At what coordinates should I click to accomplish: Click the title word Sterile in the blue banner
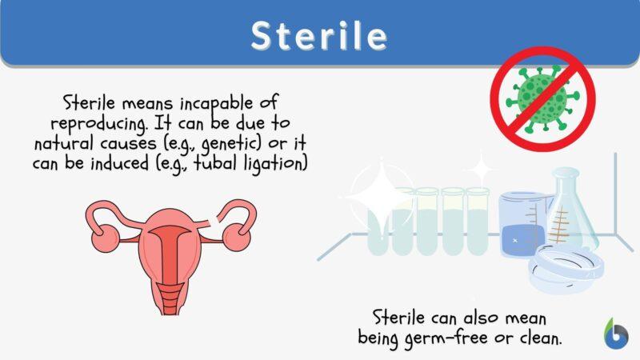(x=318, y=35)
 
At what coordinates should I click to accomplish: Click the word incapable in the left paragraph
(x=216, y=104)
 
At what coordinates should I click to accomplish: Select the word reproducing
(x=98, y=124)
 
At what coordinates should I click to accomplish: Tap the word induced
(x=119, y=164)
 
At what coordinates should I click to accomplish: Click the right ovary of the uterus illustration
(x=237, y=237)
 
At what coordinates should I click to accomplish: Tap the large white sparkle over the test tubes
(x=382, y=197)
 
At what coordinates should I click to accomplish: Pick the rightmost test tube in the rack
(x=478, y=222)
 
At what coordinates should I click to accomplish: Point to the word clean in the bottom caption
(x=541, y=337)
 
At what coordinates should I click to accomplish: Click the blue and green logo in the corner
(x=616, y=334)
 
